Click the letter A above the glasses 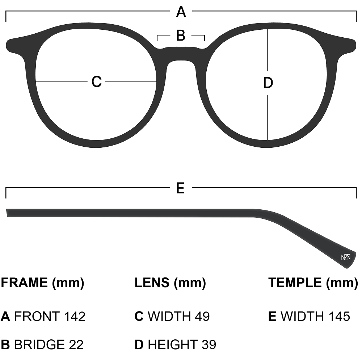[x=181, y=12]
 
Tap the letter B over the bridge [x=181, y=36]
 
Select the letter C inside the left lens [x=96, y=82]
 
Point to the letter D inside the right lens [x=268, y=83]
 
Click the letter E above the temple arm [x=180, y=188]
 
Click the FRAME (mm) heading [x=42, y=282]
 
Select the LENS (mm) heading [x=170, y=282]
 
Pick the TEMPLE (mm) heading [x=313, y=282]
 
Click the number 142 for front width [x=75, y=317]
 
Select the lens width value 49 [x=202, y=317]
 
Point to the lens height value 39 [x=209, y=344]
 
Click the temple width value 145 [x=339, y=317]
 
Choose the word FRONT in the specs [x=37, y=317]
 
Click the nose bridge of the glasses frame [x=181, y=54]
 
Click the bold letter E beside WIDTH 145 [x=272, y=317]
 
